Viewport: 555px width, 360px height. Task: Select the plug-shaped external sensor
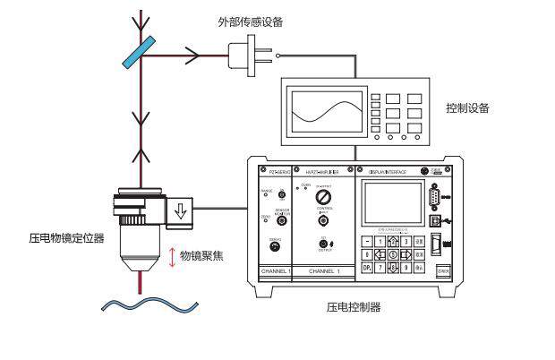point(244,55)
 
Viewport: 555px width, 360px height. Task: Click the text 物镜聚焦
point(201,255)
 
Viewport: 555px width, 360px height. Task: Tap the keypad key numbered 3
point(406,240)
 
